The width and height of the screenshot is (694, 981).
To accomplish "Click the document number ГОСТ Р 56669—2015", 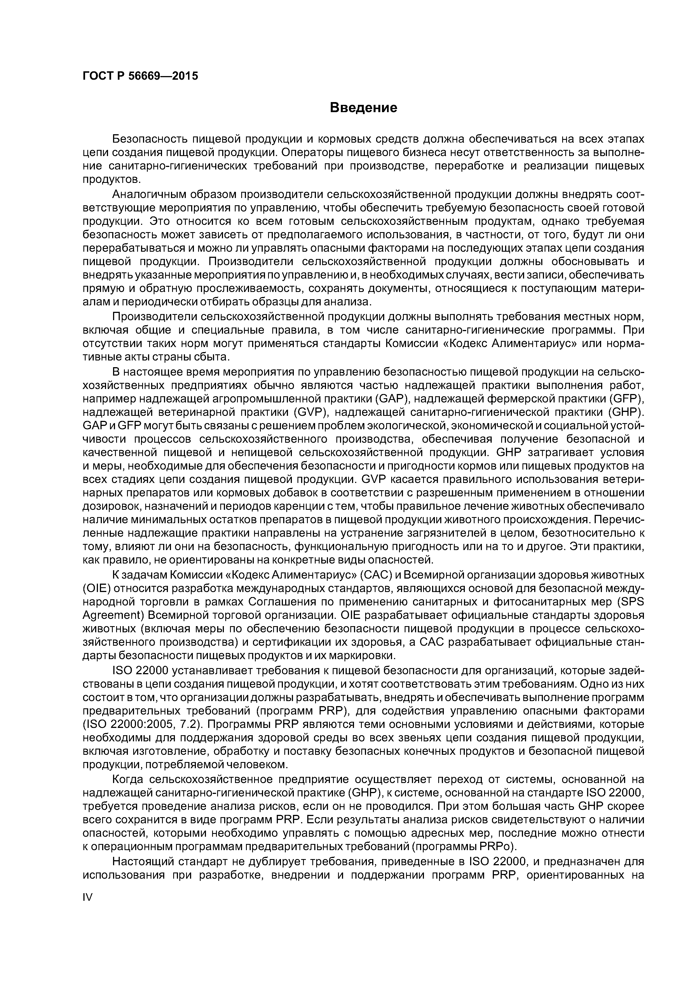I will click(x=140, y=76).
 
